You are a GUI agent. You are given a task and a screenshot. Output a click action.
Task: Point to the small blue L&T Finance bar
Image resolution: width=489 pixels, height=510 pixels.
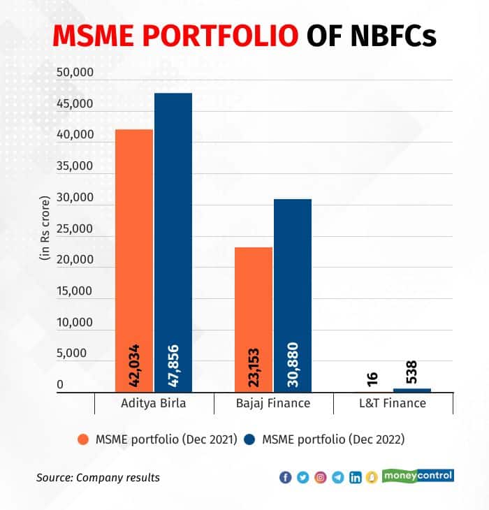coord(412,390)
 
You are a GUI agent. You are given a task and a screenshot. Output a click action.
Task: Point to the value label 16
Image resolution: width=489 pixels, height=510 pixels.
coord(372,377)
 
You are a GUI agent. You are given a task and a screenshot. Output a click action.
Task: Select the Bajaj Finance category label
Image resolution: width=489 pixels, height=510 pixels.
coord(274,404)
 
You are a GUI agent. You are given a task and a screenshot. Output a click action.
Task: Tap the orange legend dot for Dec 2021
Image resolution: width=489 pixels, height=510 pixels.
coord(83,440)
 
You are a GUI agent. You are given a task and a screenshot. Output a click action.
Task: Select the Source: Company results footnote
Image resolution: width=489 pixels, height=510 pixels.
coord(98,478)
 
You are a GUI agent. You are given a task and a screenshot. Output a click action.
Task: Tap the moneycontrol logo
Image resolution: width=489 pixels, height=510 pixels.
coord(418,475)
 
